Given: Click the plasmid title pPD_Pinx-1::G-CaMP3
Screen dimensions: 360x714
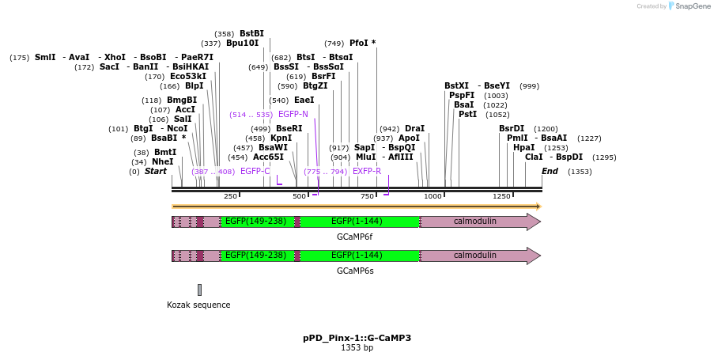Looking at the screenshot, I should click(x=357, y=338).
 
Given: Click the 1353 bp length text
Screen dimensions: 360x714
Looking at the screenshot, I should click(x=357, y=347).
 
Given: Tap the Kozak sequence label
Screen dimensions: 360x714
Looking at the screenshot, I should click(x=198, y=305).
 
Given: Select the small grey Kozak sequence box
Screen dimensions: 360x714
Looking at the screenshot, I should click(x=199, y=290).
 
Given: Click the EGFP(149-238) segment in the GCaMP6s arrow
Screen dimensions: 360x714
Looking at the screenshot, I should click(x=255, y=256).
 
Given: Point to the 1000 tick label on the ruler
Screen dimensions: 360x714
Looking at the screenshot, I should click(x=433, y=196).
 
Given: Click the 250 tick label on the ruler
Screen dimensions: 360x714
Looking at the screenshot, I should click(x=230, y=196).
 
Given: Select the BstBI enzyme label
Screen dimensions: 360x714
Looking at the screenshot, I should click(x=251, y=33).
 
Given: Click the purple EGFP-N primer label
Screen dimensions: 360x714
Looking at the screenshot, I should click(x=293, y=114).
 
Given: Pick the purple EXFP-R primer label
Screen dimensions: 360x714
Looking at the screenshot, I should click(x=367, y=171).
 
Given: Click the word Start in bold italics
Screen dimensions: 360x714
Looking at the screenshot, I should click(x=155, y=171).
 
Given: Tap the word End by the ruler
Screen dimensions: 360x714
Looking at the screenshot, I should click(x=550, y=171).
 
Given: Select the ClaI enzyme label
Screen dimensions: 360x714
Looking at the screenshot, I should click(x=534, y=157).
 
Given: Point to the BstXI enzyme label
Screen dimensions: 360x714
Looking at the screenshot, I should click(x=456, y=85).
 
